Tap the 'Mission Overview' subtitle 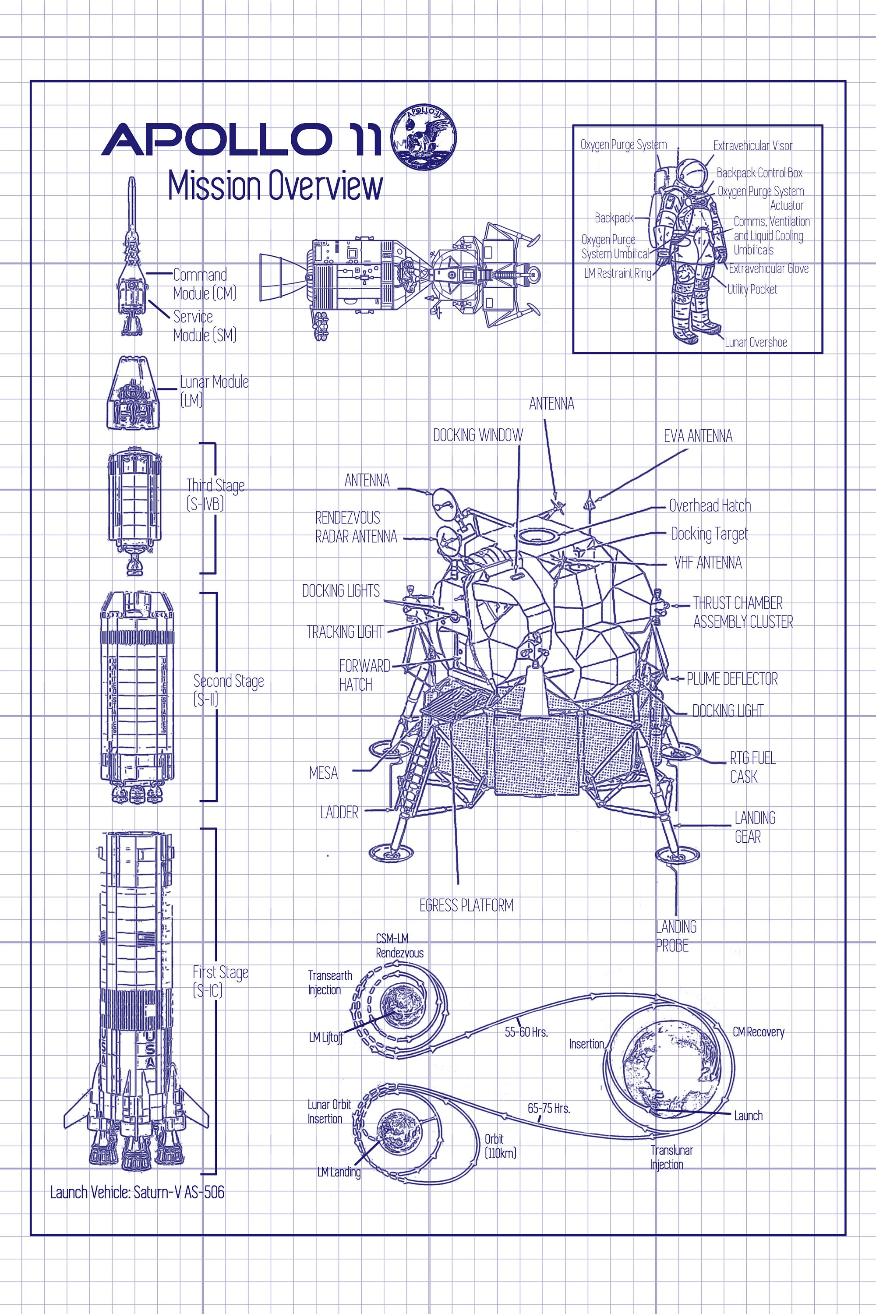point(275,186)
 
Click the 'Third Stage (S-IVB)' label point(215,494)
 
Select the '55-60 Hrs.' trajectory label point(526,1032)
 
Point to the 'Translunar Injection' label point(671,1157)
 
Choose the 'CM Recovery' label point(758,1032)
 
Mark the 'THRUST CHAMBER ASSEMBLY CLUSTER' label point(742,612)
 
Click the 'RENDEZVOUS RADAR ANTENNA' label point(356,527)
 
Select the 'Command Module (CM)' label point(204,284)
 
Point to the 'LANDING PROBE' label point(675,936)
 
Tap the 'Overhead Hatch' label point(710,505)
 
